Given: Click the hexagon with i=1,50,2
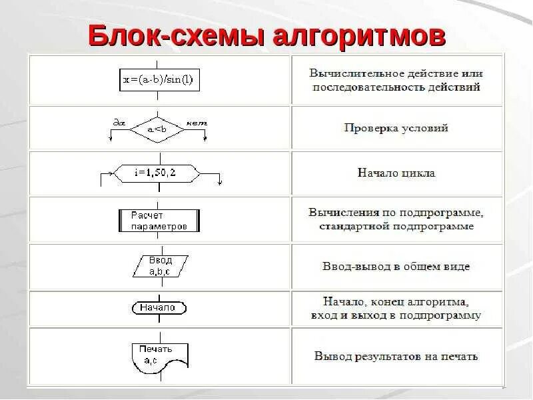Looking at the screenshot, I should (x=157, y=173).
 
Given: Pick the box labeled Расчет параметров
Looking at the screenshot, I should (x=158, y=221).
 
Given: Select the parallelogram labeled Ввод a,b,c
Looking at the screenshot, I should (x=160, y=266).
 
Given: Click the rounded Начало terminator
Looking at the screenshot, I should (x=158, y=307).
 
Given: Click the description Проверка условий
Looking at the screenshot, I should (x=396, y=127).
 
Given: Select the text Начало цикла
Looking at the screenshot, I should (x=396, y=173).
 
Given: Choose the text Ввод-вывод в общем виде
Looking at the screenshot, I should (x=396, y=267).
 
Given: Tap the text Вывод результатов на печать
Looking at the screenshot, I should (x=396, y=356).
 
